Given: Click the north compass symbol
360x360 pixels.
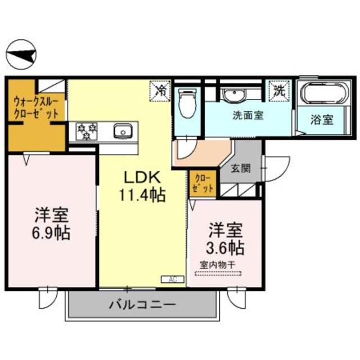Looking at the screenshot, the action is [x=21, y=55].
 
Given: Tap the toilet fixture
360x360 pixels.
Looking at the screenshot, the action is [x=188, y=103].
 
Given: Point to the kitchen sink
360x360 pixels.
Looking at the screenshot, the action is [x=123, y=131].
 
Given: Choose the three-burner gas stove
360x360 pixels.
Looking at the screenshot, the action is [x=86, y=132].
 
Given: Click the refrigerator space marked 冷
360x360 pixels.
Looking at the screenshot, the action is [x=160, y=91].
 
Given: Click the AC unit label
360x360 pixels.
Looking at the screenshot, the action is [x=173, y=280].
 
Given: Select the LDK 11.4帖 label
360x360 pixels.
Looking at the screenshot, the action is [x=142, y=187].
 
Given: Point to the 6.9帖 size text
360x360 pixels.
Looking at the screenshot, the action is [x=51, y=233].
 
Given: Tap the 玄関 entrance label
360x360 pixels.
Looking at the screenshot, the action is [x=240, y=169].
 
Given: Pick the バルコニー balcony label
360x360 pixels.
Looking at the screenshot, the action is [x=142, y=305].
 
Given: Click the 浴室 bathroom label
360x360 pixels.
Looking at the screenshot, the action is [x=322, y=120].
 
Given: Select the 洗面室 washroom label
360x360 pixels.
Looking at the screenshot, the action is [x=248, y=115].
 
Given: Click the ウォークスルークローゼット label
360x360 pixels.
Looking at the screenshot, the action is [x=36, y=107].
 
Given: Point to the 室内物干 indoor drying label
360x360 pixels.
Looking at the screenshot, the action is [x=218, y=265].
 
